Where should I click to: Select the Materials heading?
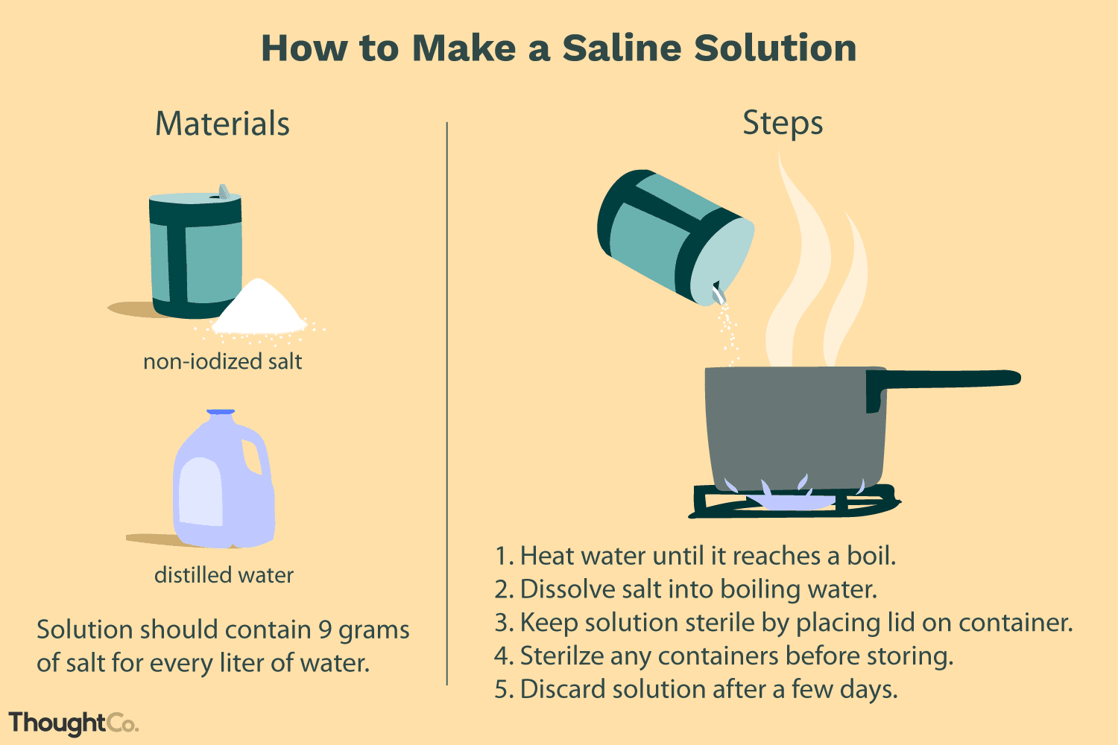point(222,124)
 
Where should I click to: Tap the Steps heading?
point(783,123)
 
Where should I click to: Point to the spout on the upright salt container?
point(223,191)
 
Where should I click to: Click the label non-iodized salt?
point(222,362)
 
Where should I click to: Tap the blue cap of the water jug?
point(221,412)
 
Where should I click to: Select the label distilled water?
point(224,575)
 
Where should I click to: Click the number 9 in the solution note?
point(325,630)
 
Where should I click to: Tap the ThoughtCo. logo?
point(73,723)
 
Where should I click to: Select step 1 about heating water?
point(695,556)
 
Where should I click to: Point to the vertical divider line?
point(446,402)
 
